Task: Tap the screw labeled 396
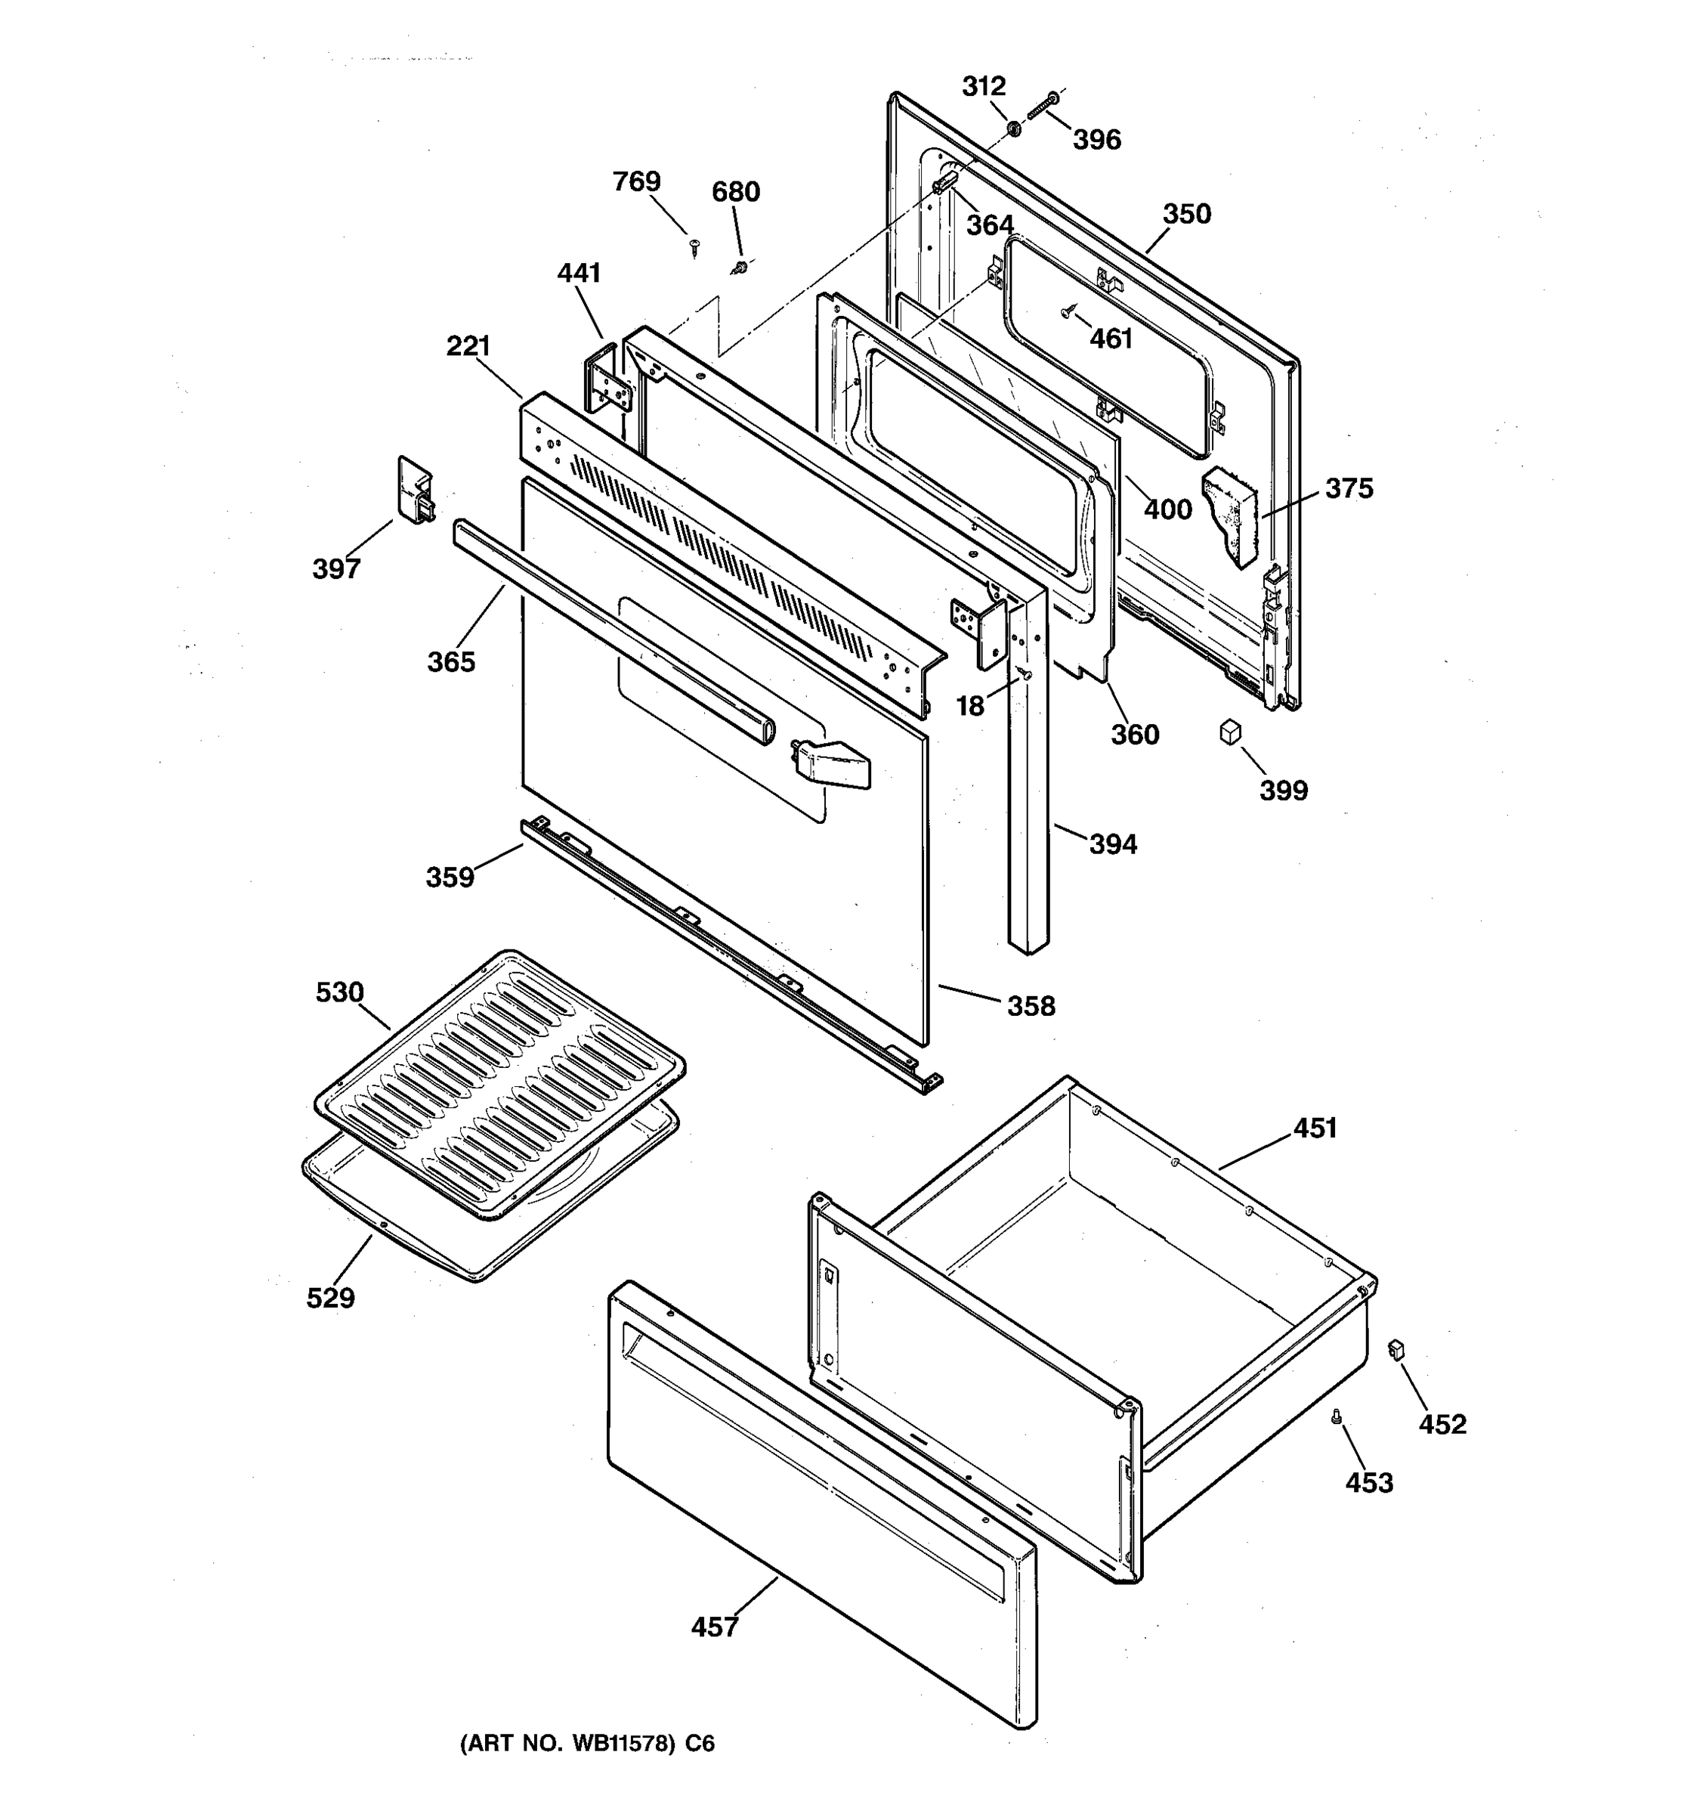coord(1040,107)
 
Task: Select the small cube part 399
coord(1230,731)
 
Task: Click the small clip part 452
coord(1396,1350)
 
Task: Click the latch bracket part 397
coord(416,491)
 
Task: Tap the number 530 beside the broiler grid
coord(339,992)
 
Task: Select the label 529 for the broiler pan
coord(330,1298)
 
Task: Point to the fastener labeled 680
coord(740,267)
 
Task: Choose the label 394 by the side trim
coord(1113,844)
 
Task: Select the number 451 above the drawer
coord(1314,1128)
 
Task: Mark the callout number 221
coord(468,346)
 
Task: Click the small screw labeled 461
coord(1066,313)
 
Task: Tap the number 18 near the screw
coord(969,705)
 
